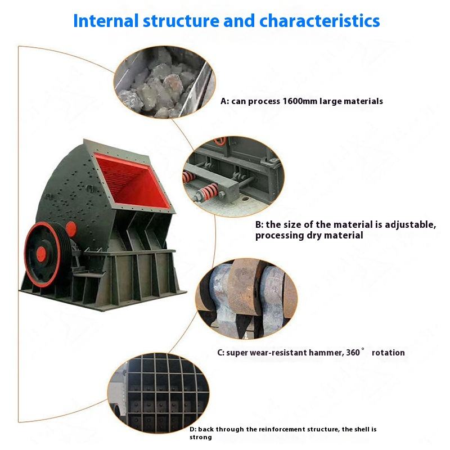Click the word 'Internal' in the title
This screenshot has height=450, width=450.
click(106, 21)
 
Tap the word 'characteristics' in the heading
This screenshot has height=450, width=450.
click(319, 21)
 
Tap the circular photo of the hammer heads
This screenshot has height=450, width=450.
click(246, 299)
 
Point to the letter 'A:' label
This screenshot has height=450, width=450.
click(225, 101)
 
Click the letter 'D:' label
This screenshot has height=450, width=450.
click(193, 429)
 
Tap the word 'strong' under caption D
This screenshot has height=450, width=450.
click(201, 437)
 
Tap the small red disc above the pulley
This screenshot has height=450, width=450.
click(71, 228)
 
